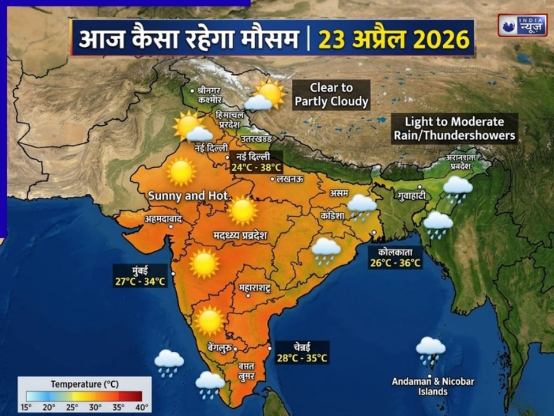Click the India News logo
pos(522,25)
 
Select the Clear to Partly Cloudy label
pos(331,95)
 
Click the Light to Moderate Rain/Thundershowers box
pos(454,128)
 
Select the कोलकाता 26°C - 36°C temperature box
pos(394,258)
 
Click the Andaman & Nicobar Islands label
pos(427,386)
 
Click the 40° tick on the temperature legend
pos(142,407)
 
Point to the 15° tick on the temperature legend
pos(26,407)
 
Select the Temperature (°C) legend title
pos(84,384)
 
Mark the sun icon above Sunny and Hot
pos(181,171)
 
